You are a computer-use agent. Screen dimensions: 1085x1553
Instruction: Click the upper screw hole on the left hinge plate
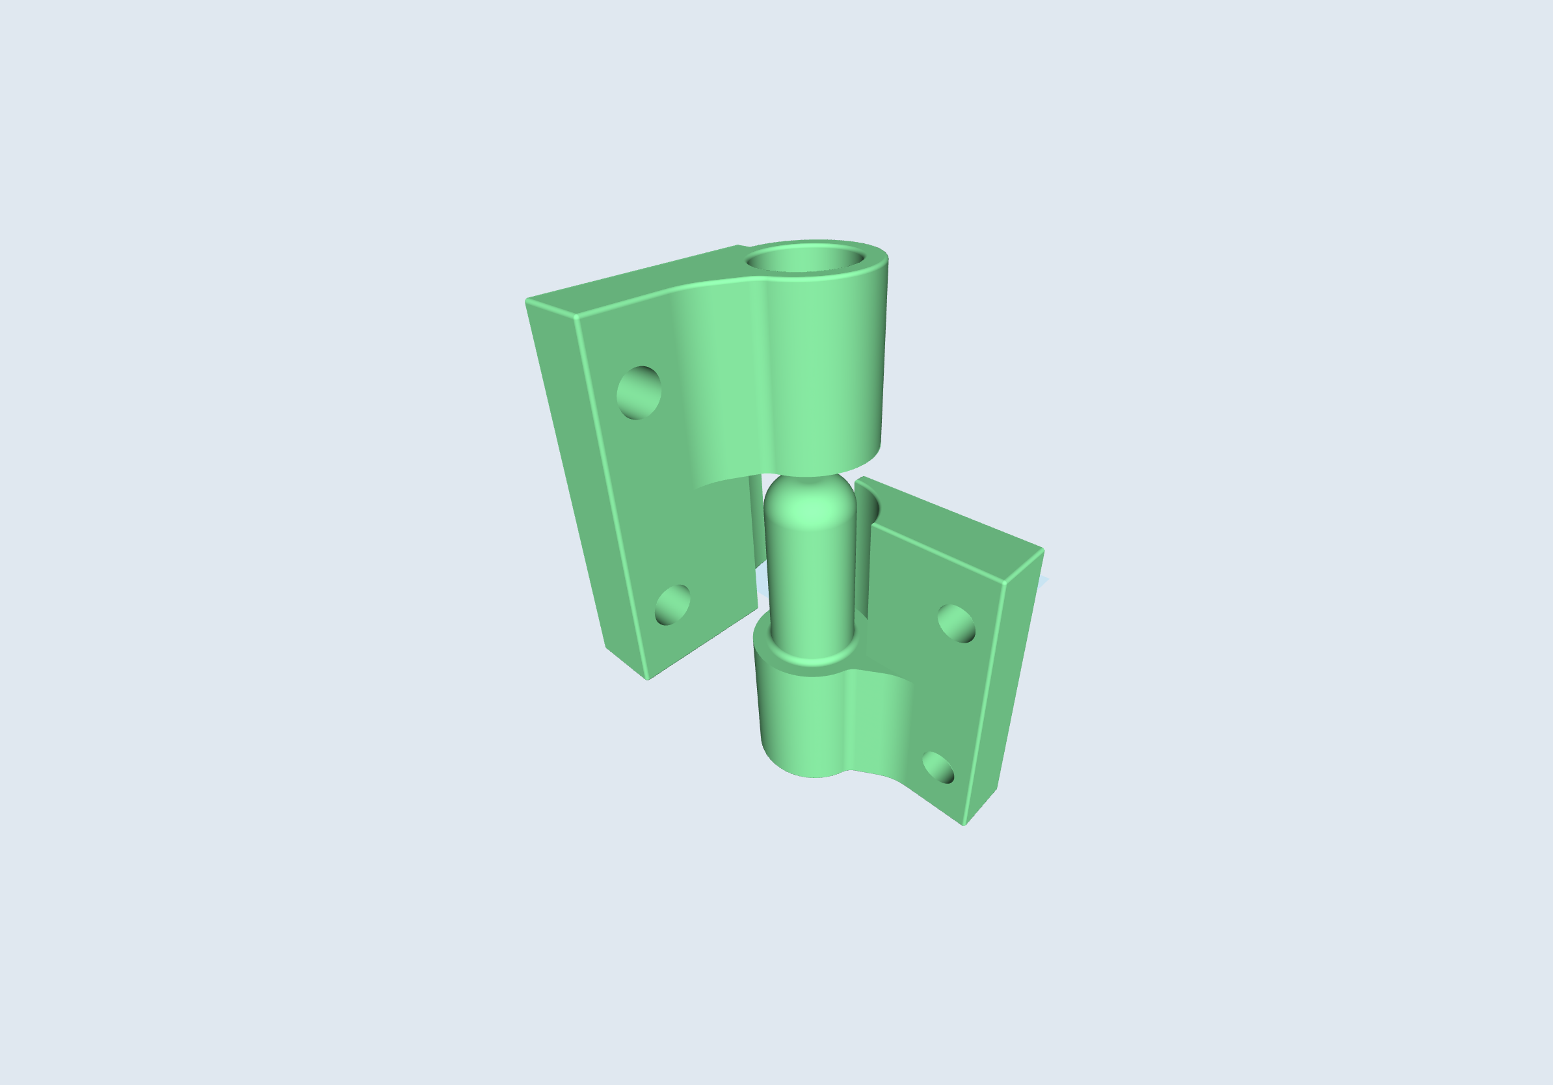639,392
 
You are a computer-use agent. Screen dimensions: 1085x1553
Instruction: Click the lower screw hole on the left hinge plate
672,605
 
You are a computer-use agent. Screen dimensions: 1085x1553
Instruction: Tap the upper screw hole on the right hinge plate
956,623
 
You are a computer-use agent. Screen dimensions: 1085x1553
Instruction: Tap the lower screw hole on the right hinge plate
938,768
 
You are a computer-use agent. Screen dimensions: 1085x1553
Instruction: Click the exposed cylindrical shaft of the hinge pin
810,582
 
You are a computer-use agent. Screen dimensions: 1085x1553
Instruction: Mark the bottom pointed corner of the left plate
648,678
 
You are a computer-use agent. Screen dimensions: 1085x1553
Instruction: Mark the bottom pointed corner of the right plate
964,825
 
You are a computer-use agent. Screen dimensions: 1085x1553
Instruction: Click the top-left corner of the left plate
527,300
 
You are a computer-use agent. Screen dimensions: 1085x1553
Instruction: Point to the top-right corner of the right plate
1042,549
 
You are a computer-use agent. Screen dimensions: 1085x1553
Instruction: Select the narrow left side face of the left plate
581,474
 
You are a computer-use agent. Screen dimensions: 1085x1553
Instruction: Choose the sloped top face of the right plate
947,528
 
